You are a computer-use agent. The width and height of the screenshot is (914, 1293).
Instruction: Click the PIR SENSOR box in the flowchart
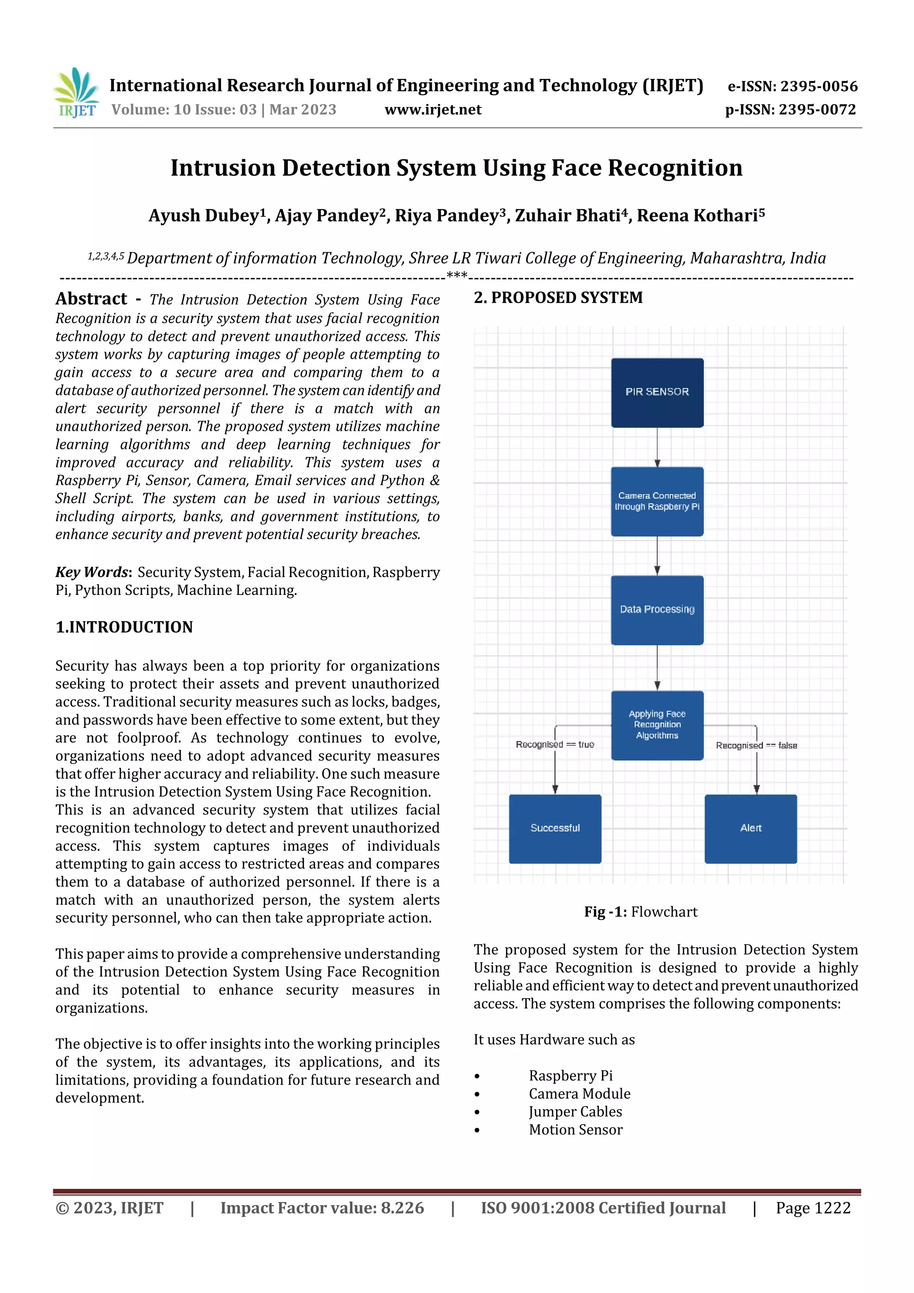[657, 392]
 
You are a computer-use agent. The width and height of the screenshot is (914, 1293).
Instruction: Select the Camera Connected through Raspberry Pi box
[657, 501]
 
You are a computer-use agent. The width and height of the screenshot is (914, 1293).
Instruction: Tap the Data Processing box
[657, 610]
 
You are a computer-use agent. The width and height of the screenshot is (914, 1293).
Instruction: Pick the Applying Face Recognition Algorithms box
[657, 725]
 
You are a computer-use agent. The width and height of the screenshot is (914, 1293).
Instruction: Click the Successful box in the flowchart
[555, 828]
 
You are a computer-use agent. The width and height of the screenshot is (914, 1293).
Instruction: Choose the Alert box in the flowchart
[751, 828]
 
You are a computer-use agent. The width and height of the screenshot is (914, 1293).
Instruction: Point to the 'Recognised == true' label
[555, 744]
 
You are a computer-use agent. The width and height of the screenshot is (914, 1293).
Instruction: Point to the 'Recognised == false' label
[756, 746]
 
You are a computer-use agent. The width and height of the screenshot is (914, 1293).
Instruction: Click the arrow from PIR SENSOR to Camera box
[657, 447]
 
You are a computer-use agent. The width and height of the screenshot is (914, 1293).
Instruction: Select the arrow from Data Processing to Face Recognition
[657, 668]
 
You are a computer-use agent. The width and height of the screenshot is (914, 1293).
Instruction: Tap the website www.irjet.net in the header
[432, 110]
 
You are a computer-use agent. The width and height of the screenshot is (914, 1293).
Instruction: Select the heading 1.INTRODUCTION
[124, 628]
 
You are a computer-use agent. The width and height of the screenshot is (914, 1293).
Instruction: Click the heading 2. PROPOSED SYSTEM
[558, 298]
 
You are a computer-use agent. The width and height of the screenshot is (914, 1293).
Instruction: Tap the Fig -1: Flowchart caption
[640, 912]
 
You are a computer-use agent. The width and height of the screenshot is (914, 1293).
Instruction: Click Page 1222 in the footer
[813, 1208]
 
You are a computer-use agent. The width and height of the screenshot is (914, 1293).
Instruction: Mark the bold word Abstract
[91, 299]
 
